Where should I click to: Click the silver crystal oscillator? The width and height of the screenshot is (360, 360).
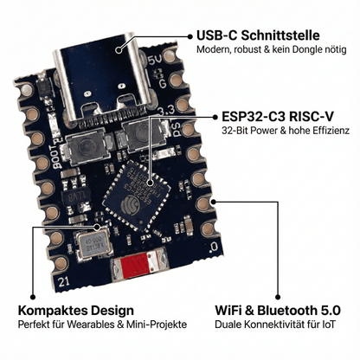click(94, 247)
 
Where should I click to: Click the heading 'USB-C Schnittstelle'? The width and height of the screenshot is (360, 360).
click(259, 35)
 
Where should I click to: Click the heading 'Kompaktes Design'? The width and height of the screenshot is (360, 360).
click(75, 310)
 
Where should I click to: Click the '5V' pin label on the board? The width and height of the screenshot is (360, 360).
click(153, 61)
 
